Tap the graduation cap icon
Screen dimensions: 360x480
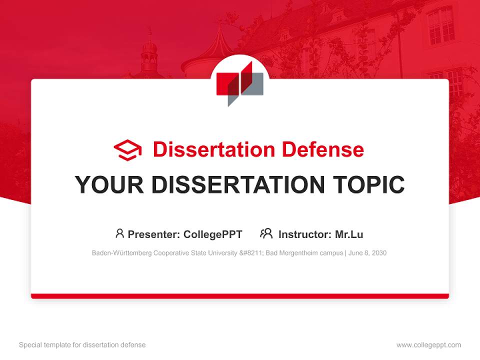tap(127, 150)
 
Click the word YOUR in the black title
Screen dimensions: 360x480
tap(102, 185)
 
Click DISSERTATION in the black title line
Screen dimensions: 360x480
tap(237, 185)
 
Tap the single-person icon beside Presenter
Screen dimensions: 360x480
tap(119, 233)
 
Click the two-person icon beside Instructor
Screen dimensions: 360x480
tap(266, 233)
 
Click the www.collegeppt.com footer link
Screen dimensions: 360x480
tap(428, 345)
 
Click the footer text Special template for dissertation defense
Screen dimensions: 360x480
tap(82, 345)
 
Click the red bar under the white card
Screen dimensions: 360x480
tap(240, 296)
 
